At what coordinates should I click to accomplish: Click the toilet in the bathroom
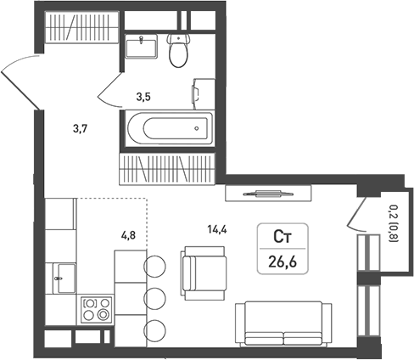[x=178, y=52]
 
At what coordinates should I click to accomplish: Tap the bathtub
[x=166, y=130]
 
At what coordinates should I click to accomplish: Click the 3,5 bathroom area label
[x=144, y=96]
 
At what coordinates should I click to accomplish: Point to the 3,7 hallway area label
[x=81, y=129]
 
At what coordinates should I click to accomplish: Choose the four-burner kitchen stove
[x=97, y=307]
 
